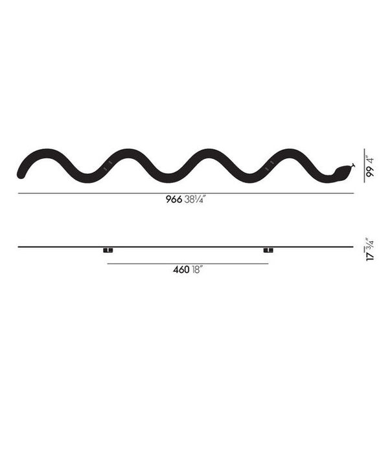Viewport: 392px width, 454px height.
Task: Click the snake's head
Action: (341, 172)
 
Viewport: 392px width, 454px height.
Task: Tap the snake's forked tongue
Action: (352, 165)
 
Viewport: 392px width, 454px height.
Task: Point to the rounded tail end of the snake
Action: (21, 173)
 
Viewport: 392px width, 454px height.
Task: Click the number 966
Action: (174, 201)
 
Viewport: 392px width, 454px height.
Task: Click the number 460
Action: (181, 270)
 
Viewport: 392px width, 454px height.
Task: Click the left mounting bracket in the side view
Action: (108, 250)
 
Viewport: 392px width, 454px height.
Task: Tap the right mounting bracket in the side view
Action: (268, 250)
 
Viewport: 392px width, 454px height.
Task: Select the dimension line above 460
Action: (187, 263)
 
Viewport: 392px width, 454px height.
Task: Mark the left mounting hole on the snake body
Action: (107, 165)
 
